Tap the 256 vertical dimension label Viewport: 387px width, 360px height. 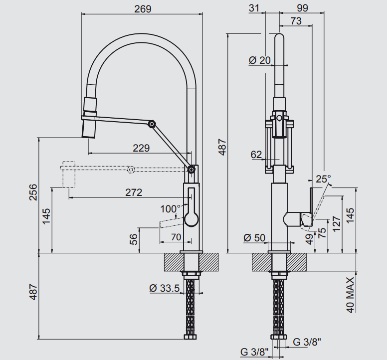(33, 192)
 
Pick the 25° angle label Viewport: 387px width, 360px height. (323, 179)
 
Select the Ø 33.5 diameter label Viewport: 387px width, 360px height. (164, 288)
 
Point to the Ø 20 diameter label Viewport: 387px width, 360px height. (259, 60)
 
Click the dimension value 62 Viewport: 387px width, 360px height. (256, 155)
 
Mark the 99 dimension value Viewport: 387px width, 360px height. (302, 8)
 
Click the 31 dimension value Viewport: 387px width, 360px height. (254, 8)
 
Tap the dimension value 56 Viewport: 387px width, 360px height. (134, 240)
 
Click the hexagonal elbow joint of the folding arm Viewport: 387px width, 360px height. (152, 123)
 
